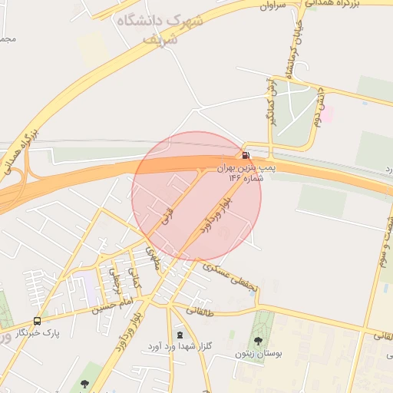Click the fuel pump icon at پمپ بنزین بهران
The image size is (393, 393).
pyautogui.click(x=246, y=155)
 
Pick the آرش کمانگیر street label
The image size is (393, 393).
pyautogui.click(x=271, y=101)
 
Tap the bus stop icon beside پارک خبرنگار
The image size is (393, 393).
pyautogui.click(x=37, y=321)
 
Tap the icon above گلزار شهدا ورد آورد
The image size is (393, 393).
pyautogui.click(x=180, y=335)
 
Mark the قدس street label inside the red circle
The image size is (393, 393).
pyautogui.click(x=167, y=219)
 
